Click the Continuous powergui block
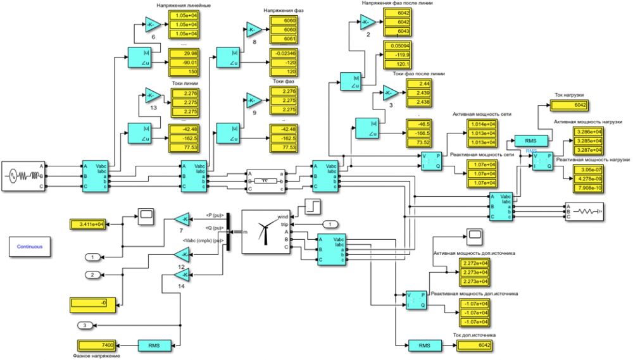tap(30, 246)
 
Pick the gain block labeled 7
tap(182, 219)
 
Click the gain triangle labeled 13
tap(153, 96)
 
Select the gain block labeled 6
tap(153, 25)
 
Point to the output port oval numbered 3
tap(87, 325)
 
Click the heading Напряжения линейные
tap(184, 6)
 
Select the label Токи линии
tap(185, 83)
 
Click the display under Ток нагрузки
tap(580, 105)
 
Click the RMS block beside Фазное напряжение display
tap(154, 345)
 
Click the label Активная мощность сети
tap(482, 114)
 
